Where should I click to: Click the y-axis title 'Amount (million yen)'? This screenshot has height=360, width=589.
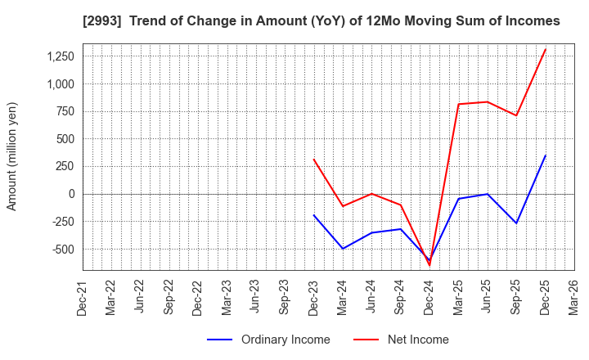(x=11, y=156)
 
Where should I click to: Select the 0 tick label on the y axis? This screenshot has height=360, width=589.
(x=71, y=194)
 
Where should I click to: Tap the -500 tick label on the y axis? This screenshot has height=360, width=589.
(x=61, y=249)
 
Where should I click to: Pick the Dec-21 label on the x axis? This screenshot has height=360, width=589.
(x=83, y=298)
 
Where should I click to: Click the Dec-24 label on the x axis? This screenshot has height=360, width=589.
(x=429, y=298)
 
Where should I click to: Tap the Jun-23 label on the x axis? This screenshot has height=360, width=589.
(x=256, y=298)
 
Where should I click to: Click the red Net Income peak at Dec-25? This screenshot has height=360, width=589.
(x=546, y=49)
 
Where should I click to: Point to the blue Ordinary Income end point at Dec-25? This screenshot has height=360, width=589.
(x=546, y=155)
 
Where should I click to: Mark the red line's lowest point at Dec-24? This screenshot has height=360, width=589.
(x=429, y=265)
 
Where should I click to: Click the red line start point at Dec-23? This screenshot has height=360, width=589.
(x=314, y=160)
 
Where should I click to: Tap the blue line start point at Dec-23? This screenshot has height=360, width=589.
(x=314, y=215)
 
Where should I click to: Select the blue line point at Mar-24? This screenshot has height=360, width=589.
(x=343, y=249)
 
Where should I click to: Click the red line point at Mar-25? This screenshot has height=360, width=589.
(x=459, y=104)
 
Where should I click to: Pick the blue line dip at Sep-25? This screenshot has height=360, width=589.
(x=516, y=223)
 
